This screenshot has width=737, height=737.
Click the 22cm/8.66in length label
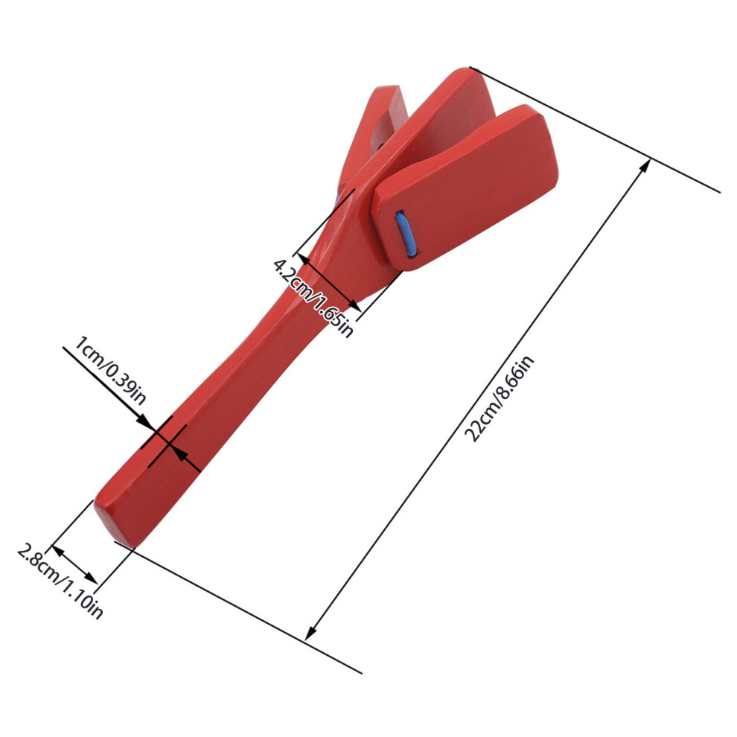coord(500,398)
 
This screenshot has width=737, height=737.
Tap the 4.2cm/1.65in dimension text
coord(313,298)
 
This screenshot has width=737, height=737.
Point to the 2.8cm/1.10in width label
coord(60,581)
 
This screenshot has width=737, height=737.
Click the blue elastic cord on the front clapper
coord(406,234)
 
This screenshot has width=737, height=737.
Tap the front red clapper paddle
coord(465,188)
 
